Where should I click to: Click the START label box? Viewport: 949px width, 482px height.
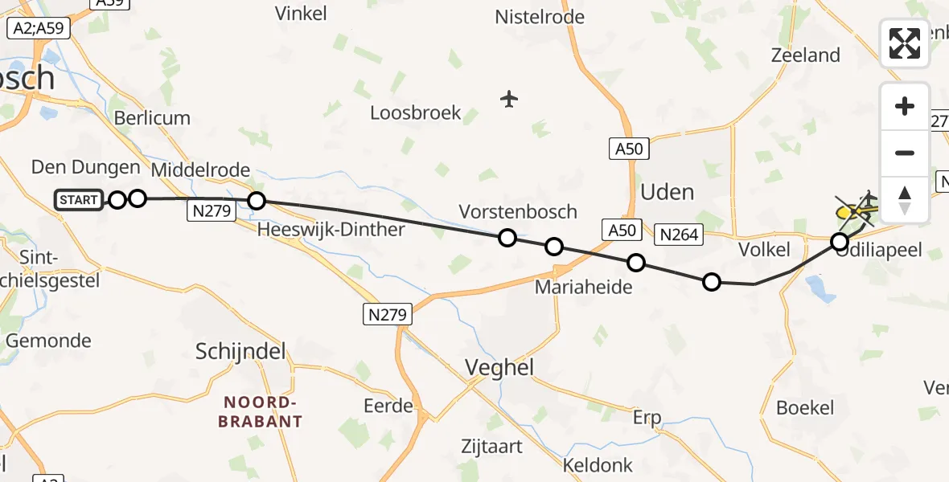click(x=79, y=200)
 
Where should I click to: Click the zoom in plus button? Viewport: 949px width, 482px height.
click(x=905, y=107)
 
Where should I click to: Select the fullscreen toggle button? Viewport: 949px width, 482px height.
click(x=905, y=43)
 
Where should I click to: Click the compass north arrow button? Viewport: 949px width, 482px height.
click(x=905, y=199)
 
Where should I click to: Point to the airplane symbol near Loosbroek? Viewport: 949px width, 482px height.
click(x=508, y=100)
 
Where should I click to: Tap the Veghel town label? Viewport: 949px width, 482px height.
click(x=500, y=367)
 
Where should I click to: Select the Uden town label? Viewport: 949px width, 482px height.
click(x=667, y=192)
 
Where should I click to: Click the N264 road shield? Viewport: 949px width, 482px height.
click(x=680, y=235)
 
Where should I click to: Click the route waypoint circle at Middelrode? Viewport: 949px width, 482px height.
click(x=256, y=201)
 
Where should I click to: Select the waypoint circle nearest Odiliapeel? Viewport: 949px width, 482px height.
click(x=840, y=241)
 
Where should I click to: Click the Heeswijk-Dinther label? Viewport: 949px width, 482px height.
click(x=331, y=230)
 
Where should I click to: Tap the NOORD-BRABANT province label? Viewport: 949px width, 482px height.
click(x=263, y=411)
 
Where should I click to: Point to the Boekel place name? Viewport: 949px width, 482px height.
click(x=805, y=407)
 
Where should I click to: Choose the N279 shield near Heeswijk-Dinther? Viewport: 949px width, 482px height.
click(x=211, y=211)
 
